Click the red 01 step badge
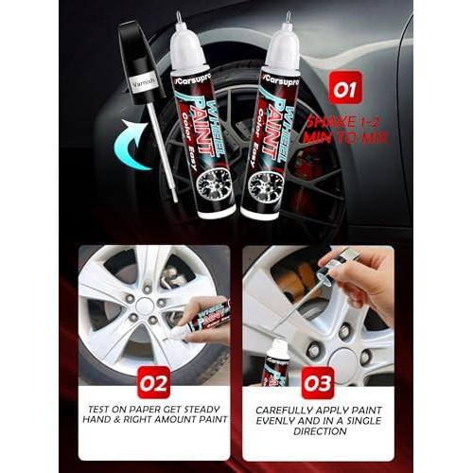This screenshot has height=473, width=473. click(x=345, y=91)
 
